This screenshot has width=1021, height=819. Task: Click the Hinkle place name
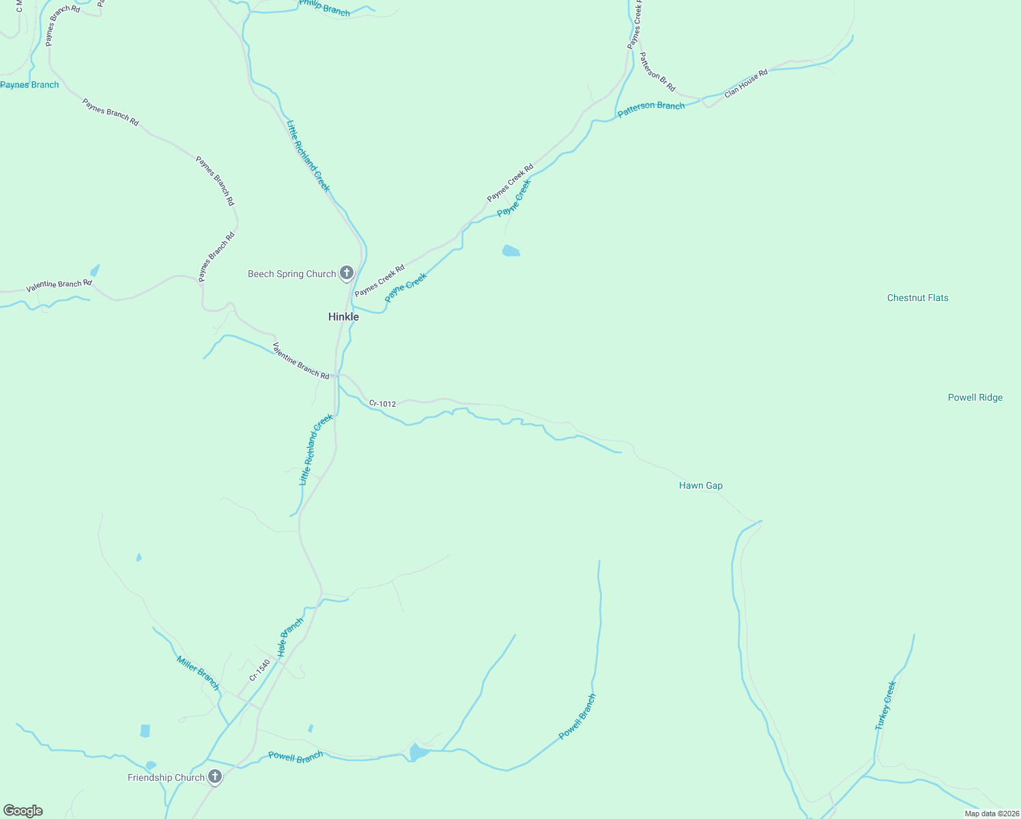[x=343, y=317]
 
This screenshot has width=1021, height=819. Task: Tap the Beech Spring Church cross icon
[x=347, y=273]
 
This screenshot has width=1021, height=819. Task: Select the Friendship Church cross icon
[x=215, y=777]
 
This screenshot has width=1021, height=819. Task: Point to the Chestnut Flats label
[x=917, y=298]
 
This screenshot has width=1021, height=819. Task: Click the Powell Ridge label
[x=975, y=397]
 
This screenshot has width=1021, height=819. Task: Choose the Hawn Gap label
[x=700, y=485]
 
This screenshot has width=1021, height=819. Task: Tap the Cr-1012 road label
[x=382, y=403]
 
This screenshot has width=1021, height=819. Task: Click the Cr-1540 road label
[x=259, y=670]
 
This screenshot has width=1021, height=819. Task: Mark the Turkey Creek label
[x=885, y=706]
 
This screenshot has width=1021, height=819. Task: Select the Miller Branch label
[x=198, y=673]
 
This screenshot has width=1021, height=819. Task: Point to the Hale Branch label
[x=290, y=637]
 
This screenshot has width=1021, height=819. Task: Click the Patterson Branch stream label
[x=650, y=109]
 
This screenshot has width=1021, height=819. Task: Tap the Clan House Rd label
[x=746, y=83]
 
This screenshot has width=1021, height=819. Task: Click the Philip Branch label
[x=325, y=8]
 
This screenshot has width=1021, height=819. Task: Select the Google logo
[x=23, y=811]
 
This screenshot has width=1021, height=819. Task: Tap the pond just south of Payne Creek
[x=510, y=251]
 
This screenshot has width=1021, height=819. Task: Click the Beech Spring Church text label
[x=291, y=274]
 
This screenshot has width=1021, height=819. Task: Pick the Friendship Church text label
[x=166, y=777]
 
